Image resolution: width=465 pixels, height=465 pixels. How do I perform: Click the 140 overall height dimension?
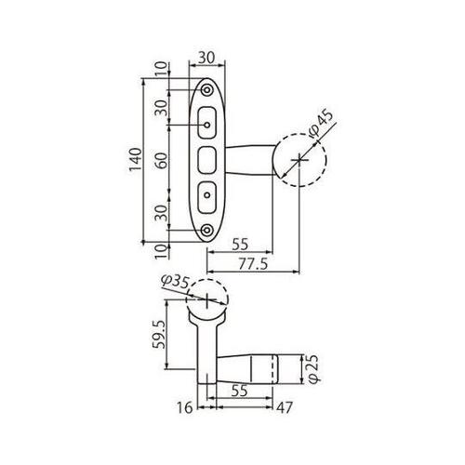pyautogui.click(x=136, y=160)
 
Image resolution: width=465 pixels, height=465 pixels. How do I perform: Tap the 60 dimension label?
pyautogui.click(x=161, y=160)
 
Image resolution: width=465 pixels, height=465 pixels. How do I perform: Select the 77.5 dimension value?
pyautogui.click(x=253, y=265)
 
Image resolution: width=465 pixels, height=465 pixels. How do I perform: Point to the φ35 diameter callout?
pyautogui.click(x=175, y=282)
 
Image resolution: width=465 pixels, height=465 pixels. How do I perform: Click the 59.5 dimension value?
pyautogui.click(x=159, y=334)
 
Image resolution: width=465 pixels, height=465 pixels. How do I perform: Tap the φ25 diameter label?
pyautogui.click(x=313, y=369)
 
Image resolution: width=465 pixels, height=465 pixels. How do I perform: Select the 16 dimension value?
pyautogui.click(x=185, y=407)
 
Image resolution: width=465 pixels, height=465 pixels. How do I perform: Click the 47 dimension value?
pyautogui.click(x=285, y=408)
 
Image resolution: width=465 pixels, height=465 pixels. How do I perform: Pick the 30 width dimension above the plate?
pyautogui.click(x=206, y=58)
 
